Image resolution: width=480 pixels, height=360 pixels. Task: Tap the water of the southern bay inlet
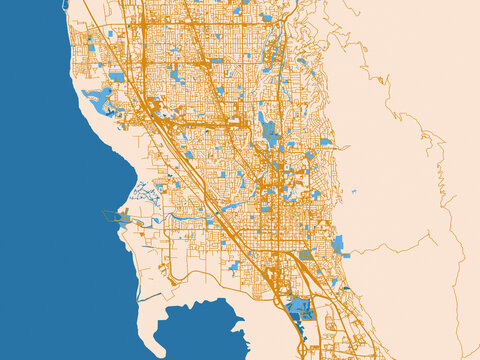click(200, 335)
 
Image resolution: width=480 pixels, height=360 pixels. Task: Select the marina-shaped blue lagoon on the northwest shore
click(101, 98)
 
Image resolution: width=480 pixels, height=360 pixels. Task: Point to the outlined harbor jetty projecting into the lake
click(112, 215)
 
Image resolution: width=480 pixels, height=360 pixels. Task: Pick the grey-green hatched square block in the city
click(306, 255)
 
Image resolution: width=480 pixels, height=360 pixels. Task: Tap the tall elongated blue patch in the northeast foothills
click(267, 130)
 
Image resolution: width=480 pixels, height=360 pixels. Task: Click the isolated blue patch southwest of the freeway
click(234, 266)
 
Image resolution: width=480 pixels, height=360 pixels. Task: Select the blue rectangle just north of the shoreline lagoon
click(117, 77)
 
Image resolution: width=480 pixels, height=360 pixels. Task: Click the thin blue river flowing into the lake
click(190, 214)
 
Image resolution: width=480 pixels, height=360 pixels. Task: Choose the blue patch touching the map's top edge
click(266, 17)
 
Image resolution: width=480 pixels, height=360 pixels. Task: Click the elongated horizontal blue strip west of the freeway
click(233, 206)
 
